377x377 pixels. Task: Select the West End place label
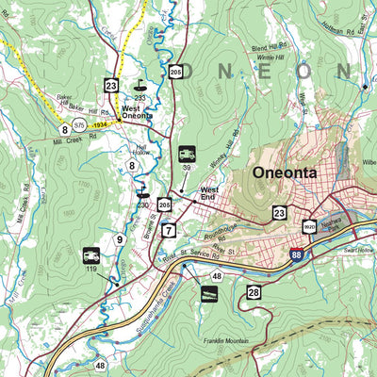point(209,194)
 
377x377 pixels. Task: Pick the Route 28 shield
point(254,293)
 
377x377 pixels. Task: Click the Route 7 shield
point(169,230)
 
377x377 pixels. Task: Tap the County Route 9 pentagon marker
point(120,240)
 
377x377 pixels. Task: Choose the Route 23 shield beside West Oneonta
point(112,86)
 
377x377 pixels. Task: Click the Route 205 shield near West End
point(166,204)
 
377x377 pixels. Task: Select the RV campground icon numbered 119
point(92,255)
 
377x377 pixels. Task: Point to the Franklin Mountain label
point(227,343)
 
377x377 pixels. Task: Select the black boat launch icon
point(209,295)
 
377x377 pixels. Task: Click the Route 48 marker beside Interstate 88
point(217,276)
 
